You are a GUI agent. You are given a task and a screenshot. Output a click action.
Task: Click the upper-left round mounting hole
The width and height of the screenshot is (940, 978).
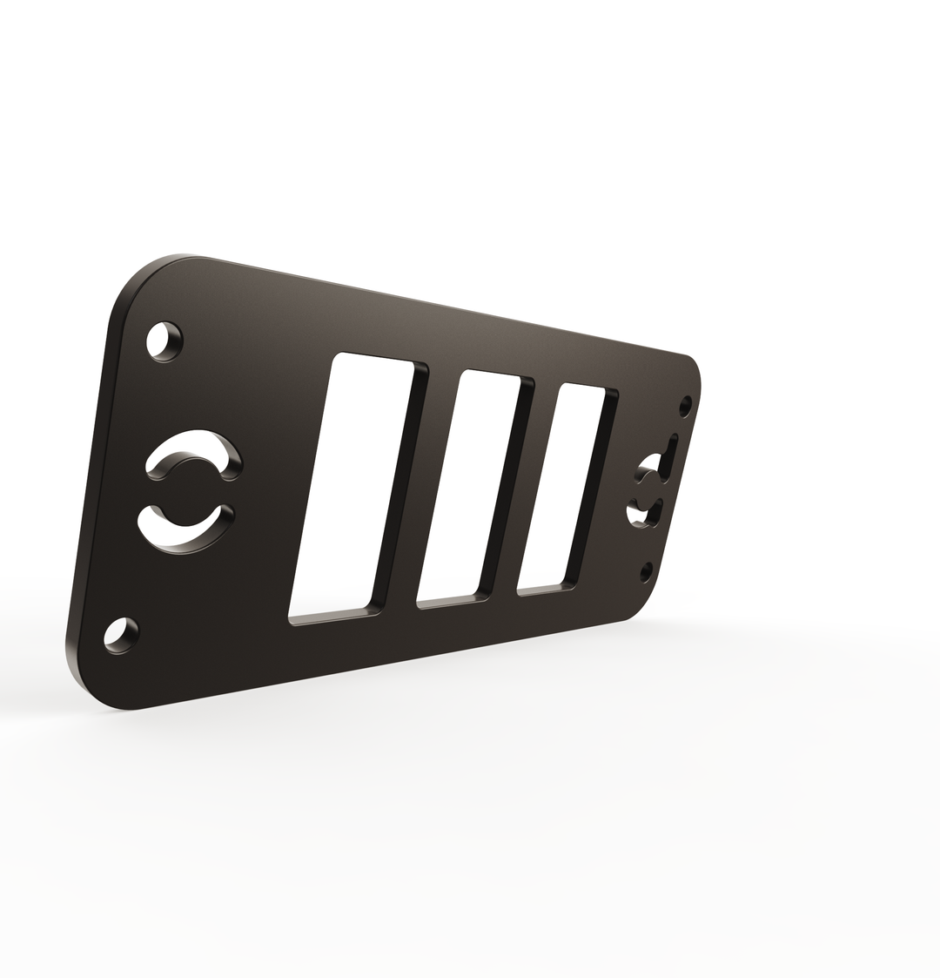tap(164, 341)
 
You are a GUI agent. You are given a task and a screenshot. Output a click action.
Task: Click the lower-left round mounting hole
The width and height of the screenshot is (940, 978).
tap(121, 634)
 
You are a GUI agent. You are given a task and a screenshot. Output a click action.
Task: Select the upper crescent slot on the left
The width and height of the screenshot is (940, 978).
tap(193, 452)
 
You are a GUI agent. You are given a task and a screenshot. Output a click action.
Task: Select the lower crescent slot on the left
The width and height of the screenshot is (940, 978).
tap(185, 529)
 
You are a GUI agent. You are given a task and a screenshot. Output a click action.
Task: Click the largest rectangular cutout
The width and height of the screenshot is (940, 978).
tap(352, 484)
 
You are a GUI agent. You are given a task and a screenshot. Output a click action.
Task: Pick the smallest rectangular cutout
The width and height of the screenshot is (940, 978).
tap(561, 488)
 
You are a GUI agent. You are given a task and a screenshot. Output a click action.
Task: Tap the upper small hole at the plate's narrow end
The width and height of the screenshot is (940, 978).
tap(685, 405)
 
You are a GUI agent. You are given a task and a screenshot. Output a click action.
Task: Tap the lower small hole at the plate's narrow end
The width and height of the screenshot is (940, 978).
tap(646, 571)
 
